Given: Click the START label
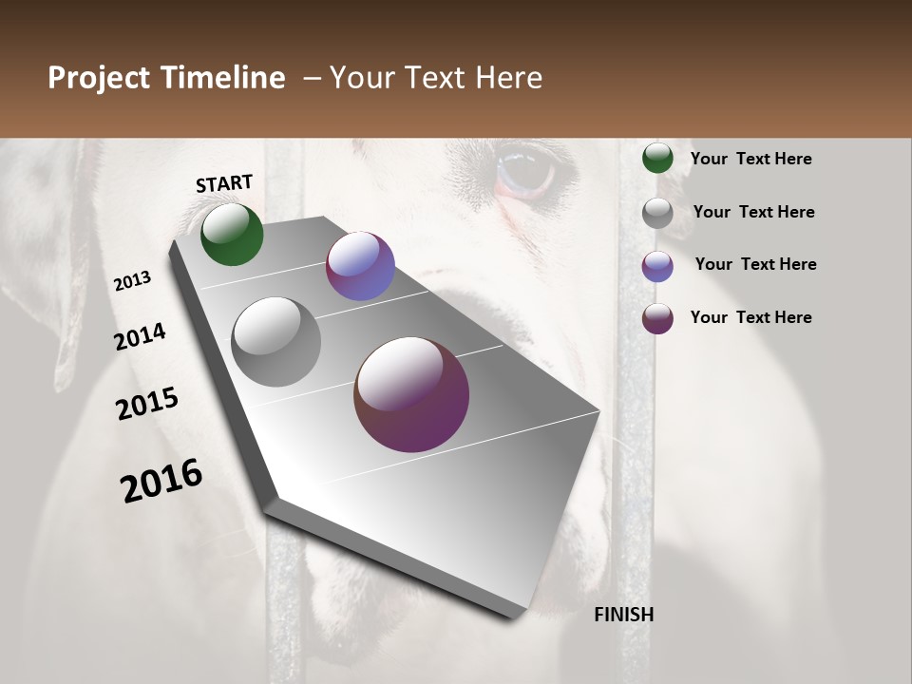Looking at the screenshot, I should (x=224, y=183).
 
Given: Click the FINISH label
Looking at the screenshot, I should (x=624, y=615).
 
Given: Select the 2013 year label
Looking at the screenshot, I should (x=132, y=281).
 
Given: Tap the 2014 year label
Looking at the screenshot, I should (x=140, y=336).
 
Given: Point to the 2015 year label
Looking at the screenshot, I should (x=147, y=404).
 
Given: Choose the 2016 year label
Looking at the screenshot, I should (x=161, y=480).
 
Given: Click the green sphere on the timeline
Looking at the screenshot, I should (x=232, y=234).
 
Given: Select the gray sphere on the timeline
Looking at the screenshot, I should (x=275, y=341).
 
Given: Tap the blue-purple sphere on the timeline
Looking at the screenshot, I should (x=360, y=266).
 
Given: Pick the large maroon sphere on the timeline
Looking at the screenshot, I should (x=411, y=394).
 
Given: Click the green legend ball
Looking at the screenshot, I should (x=657, y=158).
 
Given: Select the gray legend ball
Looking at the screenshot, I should (x=657, y=213).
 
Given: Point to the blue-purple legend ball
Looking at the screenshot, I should (x=657, y=266).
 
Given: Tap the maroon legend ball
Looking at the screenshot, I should (x=657, y=318).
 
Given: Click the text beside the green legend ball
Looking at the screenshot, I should (x=750, y=159).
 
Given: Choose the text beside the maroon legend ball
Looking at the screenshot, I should (x=750, y=317).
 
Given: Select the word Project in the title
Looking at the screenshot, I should (x=98, y=78).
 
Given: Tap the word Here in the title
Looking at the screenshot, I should (x=508, y=78).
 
